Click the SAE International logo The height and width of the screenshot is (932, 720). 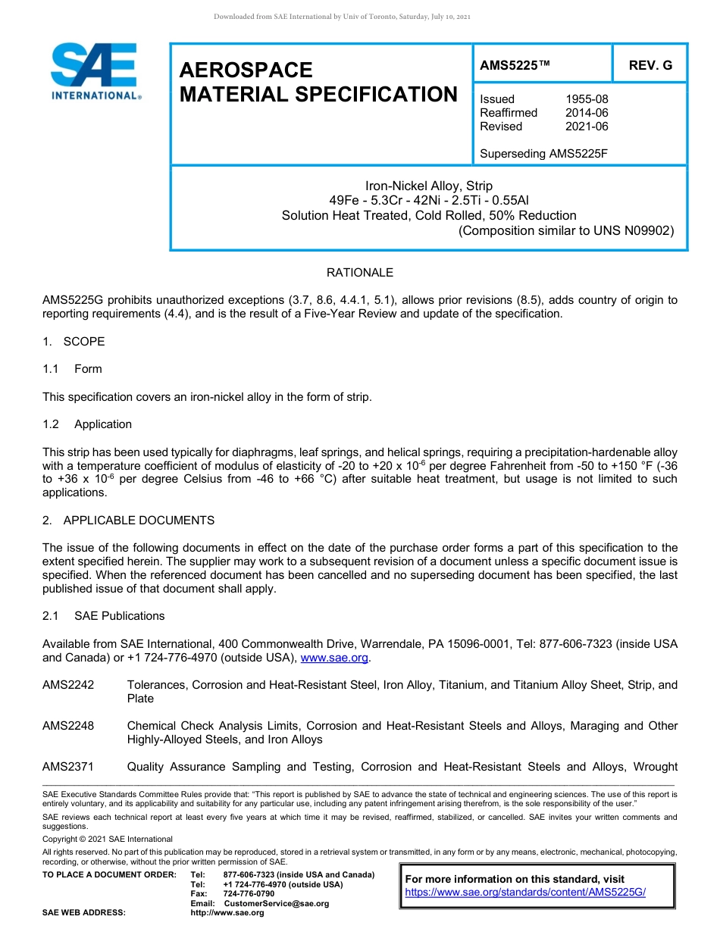click(x=95, y=71)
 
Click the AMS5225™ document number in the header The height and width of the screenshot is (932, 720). click(x=515, y=66)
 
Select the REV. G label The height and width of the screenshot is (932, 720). click(x=650, y=66)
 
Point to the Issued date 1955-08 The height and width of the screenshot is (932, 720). click(x=587, y=99)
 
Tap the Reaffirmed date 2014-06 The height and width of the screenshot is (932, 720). click(x=587, y=113)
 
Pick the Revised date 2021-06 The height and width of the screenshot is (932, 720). click(x=587, y=127)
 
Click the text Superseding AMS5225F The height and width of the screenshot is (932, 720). click(x=544, y=154)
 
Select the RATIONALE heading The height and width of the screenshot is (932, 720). click(x=359, y=273)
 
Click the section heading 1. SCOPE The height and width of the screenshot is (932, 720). click(x=74, y=342)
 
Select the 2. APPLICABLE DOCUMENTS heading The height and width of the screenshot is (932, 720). click(x=128, y=521)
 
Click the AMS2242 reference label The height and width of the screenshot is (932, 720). click(x=68, y=685)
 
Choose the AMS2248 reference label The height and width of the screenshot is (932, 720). click(x=68, y=726)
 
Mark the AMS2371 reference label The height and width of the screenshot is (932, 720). click(x=68, y=767)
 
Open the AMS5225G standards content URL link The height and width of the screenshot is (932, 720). click(x=525, y=892)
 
